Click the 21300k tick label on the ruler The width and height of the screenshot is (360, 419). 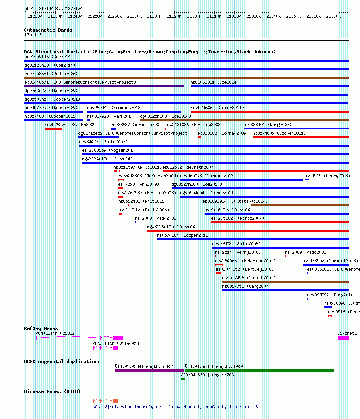pos(194,16)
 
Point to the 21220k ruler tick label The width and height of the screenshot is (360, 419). pos(35,16)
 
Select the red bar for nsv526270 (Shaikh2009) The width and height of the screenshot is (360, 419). pos(54,129)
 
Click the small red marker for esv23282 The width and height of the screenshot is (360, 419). pos(199,137)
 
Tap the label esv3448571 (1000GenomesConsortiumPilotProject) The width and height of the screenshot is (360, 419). pos(80,82)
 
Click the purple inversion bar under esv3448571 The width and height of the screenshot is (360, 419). pos(104,86)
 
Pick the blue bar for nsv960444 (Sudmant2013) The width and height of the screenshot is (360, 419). pos(134,112)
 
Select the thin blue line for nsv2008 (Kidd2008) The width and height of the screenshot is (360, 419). pos(155,222)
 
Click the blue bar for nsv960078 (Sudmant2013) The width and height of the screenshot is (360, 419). pos(242,180)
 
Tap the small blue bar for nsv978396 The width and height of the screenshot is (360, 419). pos(328,307)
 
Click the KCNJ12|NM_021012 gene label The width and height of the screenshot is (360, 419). pos(55,333)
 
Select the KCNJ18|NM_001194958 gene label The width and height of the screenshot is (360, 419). pos(116,343)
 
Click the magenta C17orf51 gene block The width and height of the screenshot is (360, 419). pos(343,338)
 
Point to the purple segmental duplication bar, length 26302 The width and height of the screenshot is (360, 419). pos(149,370)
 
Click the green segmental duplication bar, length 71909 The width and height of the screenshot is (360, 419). pos(259,370)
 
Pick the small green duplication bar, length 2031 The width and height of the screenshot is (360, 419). pos(183,379)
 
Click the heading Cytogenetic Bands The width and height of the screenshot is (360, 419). pos(48,30)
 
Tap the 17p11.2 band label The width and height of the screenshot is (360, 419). pos(33,35)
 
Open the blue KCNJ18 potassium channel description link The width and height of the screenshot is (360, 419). pos(176,407)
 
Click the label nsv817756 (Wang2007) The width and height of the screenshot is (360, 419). pos(246,287)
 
